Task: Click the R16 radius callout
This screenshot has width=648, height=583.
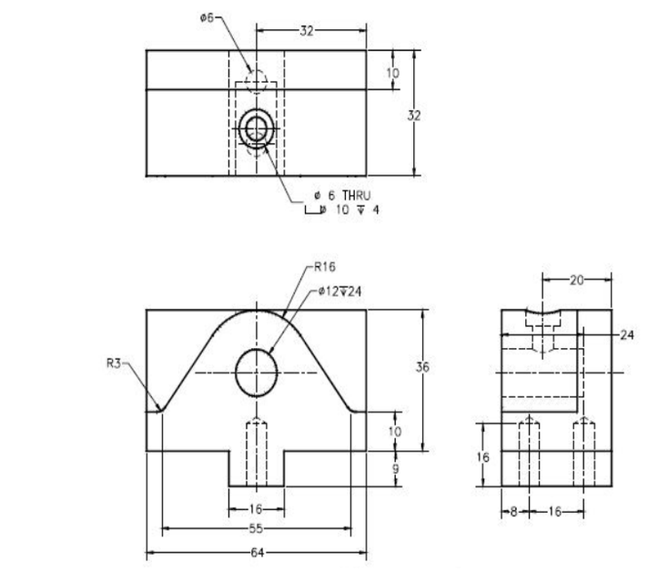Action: click(325, 268)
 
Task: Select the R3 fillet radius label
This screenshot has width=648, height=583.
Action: click(113, 363)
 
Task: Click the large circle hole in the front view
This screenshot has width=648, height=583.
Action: click(257, 372)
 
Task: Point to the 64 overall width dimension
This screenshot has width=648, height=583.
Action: click(257, 552)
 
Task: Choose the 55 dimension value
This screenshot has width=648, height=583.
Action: click(257, 527)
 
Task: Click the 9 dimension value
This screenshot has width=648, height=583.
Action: click(395, 468)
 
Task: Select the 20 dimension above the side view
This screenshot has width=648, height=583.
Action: click(577, 281)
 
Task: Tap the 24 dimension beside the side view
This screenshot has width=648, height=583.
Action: click(626, 335)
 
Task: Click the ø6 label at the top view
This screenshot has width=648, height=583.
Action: click(208, 17)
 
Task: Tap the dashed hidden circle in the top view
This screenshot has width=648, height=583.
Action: click(257, 81)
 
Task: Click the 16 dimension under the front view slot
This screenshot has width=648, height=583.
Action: click(257, 509)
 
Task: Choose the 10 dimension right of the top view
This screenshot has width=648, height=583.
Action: click(393, 72)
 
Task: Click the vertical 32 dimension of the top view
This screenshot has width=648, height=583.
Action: click(415, 116)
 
